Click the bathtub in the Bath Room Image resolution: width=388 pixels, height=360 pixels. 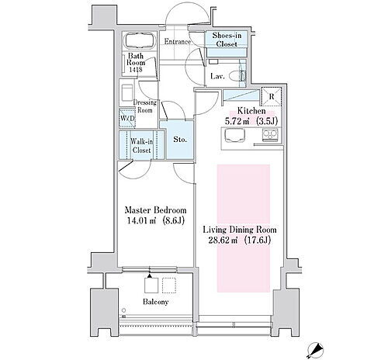click(x=140, y=40)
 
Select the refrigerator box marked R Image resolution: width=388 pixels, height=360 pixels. click(x=271, y=96)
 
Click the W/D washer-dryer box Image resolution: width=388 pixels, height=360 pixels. click(x=127, y=118)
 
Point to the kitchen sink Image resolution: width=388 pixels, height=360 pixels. click(x=235, y=136)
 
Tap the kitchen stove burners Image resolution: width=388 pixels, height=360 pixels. click(x=270, y=135)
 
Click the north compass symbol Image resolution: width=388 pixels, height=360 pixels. click(x=315, y=350)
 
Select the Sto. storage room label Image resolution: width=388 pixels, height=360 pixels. click(x=180, y=140)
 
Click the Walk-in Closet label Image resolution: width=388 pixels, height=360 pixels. click(x=141, y=146)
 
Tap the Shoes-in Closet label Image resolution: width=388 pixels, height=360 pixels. click(x=227, y=40)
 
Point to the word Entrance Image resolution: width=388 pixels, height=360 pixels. click(x=178, y=41)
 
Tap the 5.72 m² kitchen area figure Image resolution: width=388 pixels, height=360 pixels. click(x=237, y=121)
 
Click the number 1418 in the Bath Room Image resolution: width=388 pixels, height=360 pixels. click(x=136, y=70)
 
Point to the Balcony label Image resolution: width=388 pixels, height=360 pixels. click(x=156, y=302)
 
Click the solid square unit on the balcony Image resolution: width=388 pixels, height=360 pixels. click(x=151, y=286)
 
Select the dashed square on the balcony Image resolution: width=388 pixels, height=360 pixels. click(x=169, y=286)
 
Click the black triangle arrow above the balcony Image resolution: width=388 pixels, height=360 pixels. click(x=150, y=276)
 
